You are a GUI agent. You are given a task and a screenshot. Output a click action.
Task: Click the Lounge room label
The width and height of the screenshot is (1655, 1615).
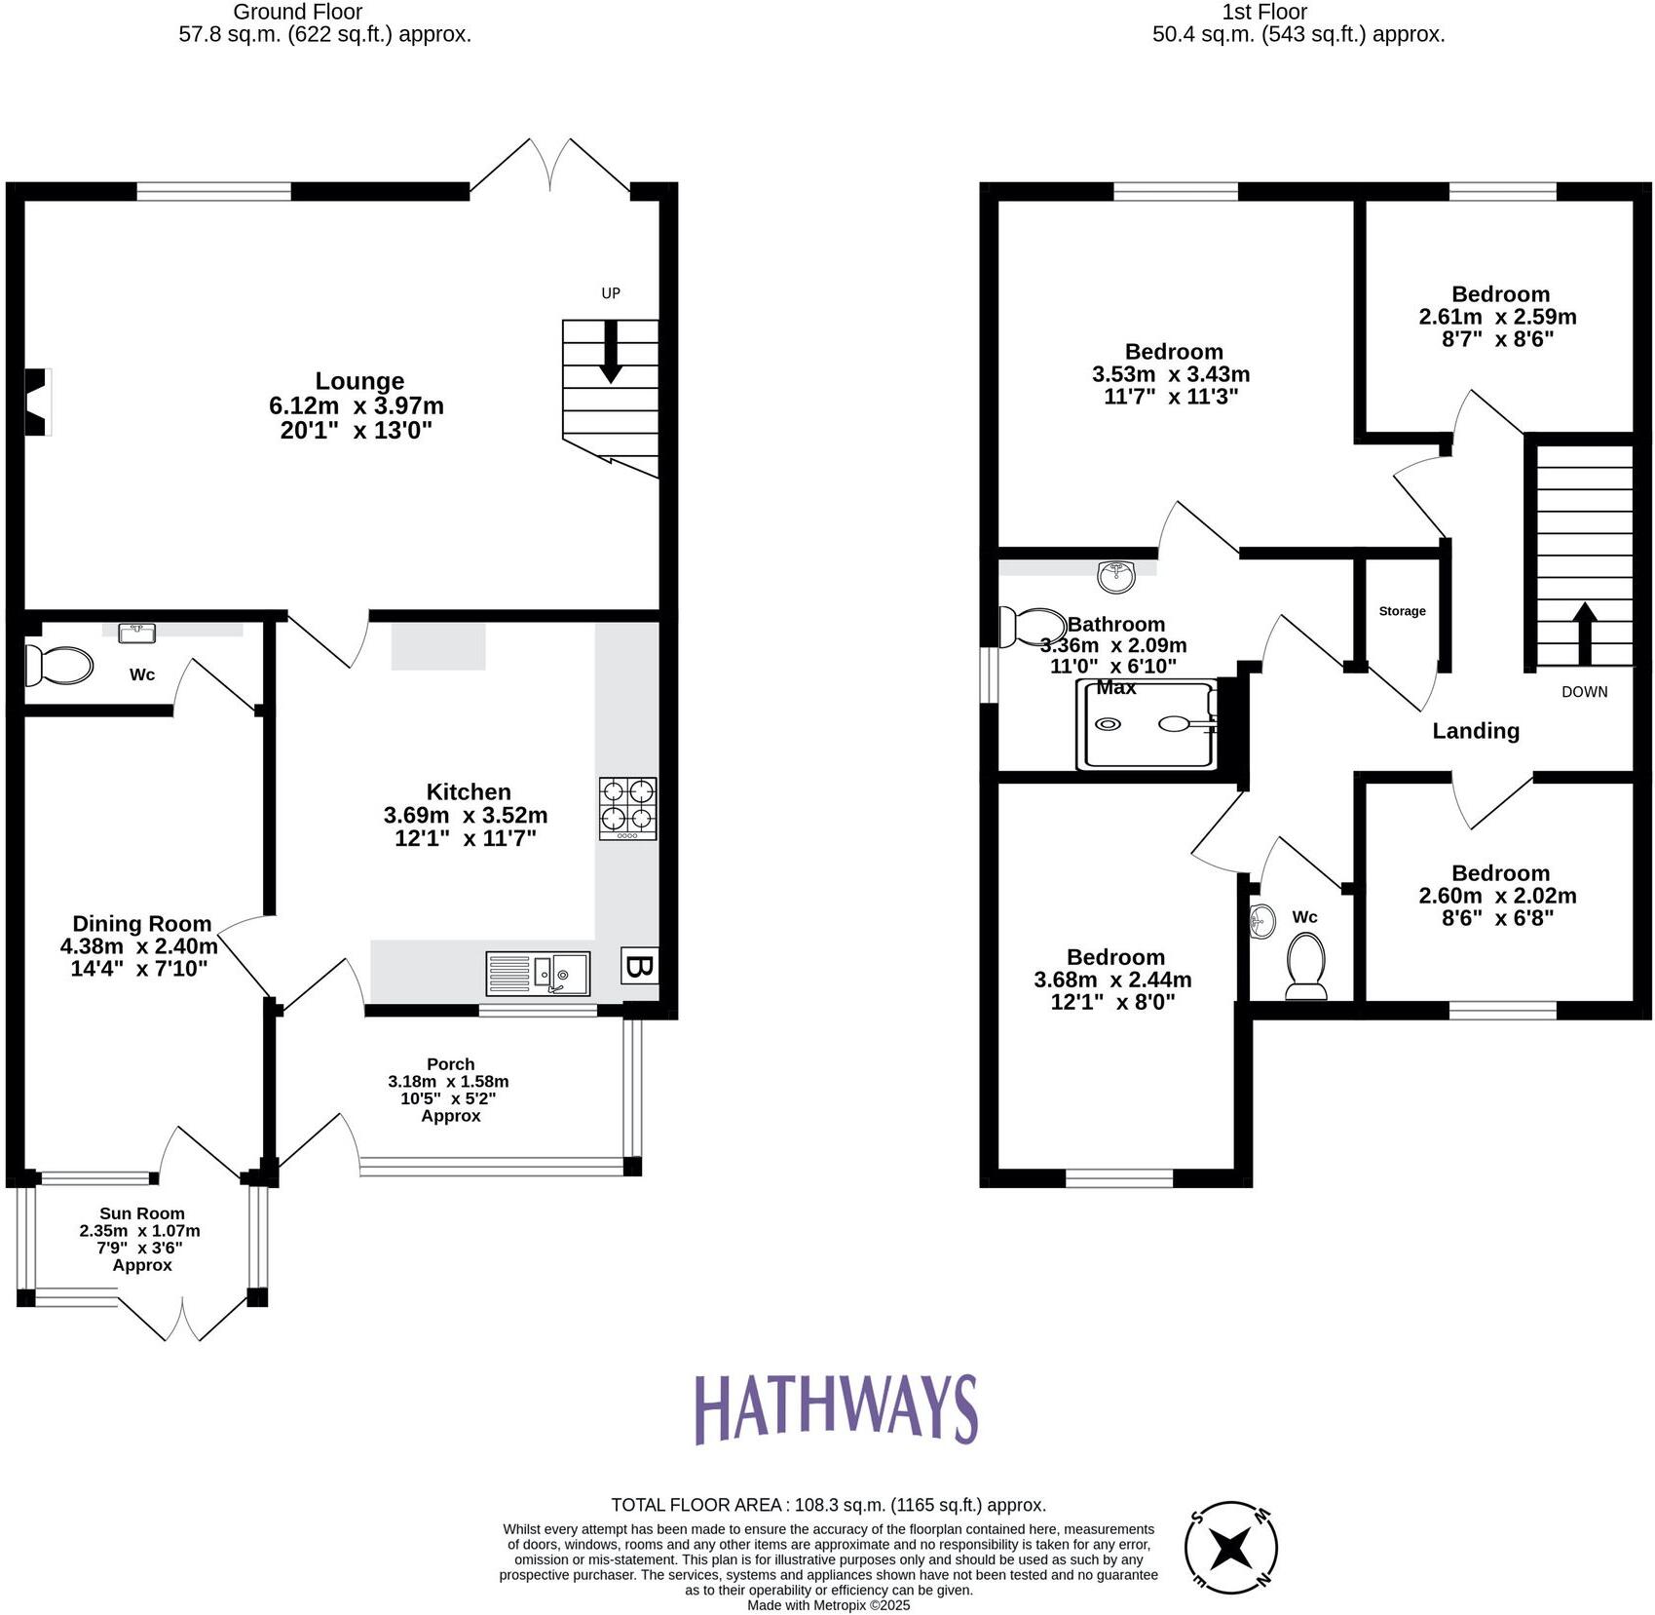[359, 381]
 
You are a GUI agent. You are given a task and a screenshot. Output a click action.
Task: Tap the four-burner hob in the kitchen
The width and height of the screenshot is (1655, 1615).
[627, 807]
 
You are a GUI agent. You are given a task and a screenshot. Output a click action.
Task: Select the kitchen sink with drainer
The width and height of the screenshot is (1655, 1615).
[538, 973]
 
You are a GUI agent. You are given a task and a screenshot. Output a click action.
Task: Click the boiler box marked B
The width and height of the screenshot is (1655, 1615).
[639, 966]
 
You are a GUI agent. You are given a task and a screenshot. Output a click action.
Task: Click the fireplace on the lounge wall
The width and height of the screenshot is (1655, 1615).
[36, 401]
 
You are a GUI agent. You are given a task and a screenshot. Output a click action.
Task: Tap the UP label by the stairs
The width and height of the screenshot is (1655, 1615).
[611, 293]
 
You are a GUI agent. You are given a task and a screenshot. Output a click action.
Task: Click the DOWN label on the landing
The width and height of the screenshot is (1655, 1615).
[1584, 692]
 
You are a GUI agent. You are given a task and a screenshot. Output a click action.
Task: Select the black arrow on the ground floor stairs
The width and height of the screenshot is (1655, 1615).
[611, 351]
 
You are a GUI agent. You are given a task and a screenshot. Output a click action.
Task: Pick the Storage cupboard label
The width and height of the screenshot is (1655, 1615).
[1402, 611]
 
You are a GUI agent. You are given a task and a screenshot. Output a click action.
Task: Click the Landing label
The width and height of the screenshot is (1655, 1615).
[1475, 731]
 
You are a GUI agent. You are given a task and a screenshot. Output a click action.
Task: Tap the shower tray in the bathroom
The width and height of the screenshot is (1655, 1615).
[1147, 724]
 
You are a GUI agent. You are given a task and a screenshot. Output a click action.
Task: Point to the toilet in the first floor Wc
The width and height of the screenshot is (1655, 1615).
[1305, 965]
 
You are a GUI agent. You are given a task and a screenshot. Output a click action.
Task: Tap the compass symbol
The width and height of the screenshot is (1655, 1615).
[1231, 1547]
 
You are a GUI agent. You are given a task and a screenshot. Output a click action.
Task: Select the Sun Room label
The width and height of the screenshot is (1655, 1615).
[141, 1213]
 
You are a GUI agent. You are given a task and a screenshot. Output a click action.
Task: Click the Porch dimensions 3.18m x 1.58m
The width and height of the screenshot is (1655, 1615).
[448, 1081]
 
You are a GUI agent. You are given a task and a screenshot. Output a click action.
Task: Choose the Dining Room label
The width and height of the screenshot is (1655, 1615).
[141, 924]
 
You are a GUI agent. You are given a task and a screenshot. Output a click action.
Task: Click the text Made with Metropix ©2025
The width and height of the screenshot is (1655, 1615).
[828, 1604]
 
